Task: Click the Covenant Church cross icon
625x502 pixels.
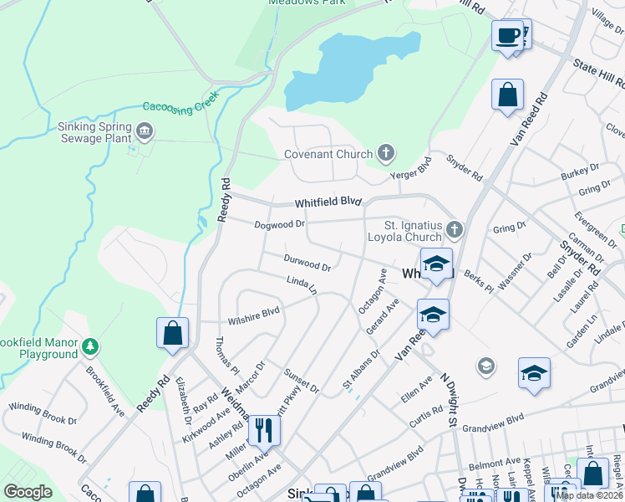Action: [x=386, y=153]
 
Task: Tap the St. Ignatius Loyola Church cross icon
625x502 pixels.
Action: [x=454, y=228]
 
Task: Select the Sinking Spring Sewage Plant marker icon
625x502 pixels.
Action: [x=145, y=131]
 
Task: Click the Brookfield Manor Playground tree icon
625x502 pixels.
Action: [x=90, y=345]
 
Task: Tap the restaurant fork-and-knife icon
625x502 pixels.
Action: [x=264, y=430]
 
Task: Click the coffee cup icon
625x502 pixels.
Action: [x=508, y=36]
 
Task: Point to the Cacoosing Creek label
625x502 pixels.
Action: [x=180, y=104]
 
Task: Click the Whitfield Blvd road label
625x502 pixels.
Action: [x=328, y=202]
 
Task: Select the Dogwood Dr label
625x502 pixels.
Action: [x=280, y=224]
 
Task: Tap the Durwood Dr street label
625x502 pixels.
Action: [x=307, y=264]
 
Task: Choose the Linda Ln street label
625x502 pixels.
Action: [x=302, y=286]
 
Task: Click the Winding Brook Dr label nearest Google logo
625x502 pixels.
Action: [x=54, y=447]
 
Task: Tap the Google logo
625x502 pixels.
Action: [x=28, y=492]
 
